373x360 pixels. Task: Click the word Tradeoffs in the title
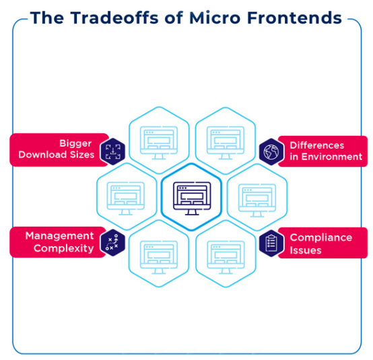coord(114,18)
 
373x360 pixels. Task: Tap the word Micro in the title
coord(215,18)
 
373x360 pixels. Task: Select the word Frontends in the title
coord(294,18)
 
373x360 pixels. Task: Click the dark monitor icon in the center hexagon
coord(192,199)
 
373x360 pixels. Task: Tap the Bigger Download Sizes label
coord(57,149)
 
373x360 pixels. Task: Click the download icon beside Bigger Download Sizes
coord(113,151)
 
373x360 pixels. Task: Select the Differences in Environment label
coord(326,151)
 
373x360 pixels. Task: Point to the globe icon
coord(271,151)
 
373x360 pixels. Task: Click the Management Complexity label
coord(59,242)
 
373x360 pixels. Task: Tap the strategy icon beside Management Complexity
coord(112,242)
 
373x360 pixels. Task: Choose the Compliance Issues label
coord(321,244)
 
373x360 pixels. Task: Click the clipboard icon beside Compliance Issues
coord(271,243)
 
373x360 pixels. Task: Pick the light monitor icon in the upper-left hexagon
coord(159,143)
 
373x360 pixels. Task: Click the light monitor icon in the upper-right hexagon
coord(226,143)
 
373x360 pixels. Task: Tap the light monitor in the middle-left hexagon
coord(126,199)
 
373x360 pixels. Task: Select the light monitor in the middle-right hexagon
coord(257,201)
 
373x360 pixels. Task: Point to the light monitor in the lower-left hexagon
coord(159,258)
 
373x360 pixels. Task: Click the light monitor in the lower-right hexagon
coord(226,258)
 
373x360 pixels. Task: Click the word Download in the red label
coord(42,155)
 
